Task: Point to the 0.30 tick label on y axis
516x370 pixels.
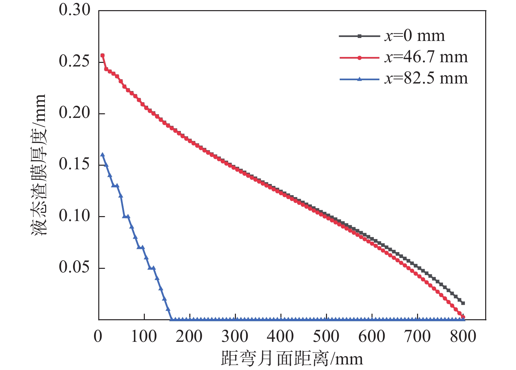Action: (x=74, y=10)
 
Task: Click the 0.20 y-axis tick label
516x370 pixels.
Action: (x=74, y=113)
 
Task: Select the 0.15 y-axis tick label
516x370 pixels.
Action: (x=74, y=164)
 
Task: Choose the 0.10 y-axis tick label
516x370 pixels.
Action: (x=74, y=216)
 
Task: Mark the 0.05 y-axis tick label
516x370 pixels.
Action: (x=74, y=268)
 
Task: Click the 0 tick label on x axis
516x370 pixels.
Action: (x=98, y=337)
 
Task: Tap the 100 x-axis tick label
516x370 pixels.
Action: (x=143, y=337)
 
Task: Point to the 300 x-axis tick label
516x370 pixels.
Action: (x=235, y=337)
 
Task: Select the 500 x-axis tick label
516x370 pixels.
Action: (x=326, y=337)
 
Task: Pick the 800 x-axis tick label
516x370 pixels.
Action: (x=463, y=337)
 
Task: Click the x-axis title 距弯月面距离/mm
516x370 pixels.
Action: (x=292, y=359)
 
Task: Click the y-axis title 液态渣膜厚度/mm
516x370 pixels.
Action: (x=39, y=165)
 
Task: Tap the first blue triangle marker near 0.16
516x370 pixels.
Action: (x=103, y=155)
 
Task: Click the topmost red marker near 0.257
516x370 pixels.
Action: (x=103, y=55)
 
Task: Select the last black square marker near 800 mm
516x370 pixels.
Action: (x=463, y=303)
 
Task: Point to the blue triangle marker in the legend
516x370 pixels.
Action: (x=359, y=79)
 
